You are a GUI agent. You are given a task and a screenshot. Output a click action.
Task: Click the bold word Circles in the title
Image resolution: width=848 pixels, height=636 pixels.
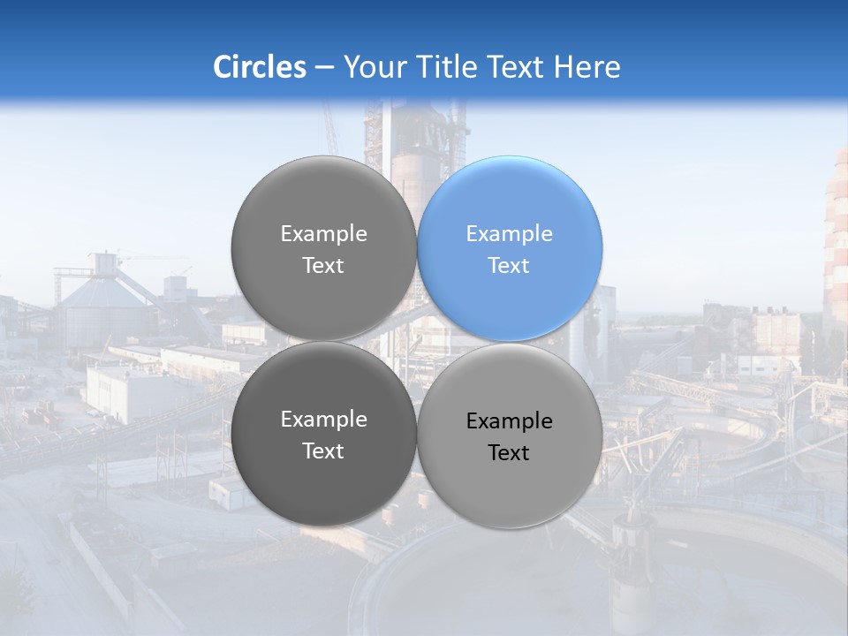(259, 67)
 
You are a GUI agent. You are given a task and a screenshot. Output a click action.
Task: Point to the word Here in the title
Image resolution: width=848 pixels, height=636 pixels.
(588, 67)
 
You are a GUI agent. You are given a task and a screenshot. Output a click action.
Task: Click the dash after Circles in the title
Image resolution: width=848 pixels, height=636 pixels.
(324, 68)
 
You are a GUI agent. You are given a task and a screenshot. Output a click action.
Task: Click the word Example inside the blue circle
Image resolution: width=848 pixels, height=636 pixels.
(509, 234)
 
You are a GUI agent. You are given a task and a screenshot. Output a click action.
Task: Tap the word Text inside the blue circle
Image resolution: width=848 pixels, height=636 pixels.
(509, 265)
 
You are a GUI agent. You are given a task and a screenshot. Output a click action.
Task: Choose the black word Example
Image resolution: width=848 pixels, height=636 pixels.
(509, 421)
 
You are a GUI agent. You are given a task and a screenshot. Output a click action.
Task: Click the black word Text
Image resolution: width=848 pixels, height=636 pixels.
(509, 452)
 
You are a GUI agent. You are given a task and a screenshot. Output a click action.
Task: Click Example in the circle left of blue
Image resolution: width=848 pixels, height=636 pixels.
(323, 234)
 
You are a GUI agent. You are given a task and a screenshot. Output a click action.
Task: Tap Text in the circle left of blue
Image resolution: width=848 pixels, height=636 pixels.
(323, 265)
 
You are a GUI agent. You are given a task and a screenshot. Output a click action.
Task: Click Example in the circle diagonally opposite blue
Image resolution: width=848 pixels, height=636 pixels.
(323, 420)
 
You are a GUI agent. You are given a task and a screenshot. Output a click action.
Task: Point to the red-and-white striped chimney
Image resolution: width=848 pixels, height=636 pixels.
(836, 238)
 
